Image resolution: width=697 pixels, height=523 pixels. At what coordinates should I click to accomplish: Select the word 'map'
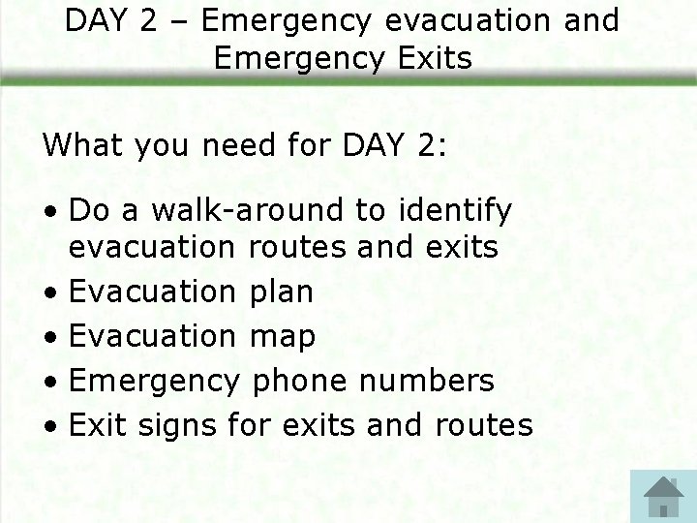pyautogui.click(x=283, y=337)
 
